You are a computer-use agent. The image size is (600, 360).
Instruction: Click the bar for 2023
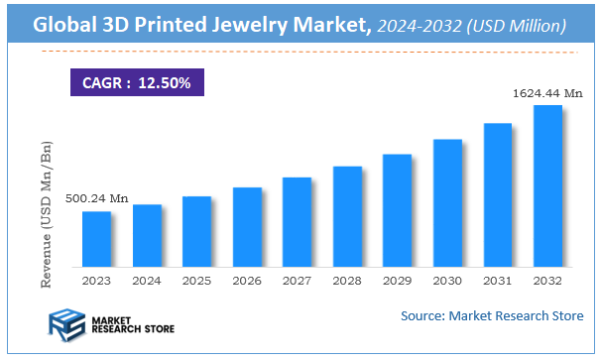(x=96, y=239)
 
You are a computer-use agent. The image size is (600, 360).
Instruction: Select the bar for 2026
(x=247, y=227)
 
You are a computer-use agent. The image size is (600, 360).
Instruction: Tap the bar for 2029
(x=397, y=210)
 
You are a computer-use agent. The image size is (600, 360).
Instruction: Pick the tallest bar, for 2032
(x=547, y=185)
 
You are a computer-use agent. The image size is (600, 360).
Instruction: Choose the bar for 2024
(x=147, y=236)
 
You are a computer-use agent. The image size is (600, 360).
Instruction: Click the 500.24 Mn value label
(x=97, y=199)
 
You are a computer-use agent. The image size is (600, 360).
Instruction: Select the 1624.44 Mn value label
(x=546, y=93)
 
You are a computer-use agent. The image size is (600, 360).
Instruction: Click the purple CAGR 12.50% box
(x=136, y=80)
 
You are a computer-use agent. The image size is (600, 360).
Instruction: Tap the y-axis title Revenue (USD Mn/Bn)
(x=47, y=214)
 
